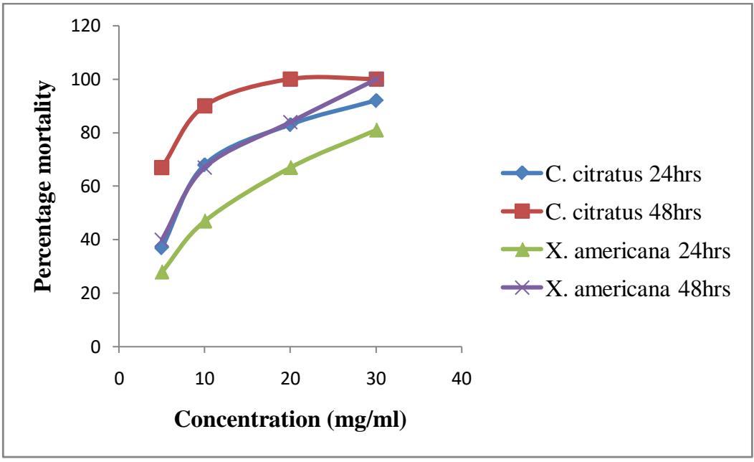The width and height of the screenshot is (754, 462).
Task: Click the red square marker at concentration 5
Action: pyautogui.click(x=161, y=167)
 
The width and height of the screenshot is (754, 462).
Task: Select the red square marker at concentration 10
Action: pyautogui.click(x=204, y=105)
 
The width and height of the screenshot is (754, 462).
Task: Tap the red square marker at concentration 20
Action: pyautogui.click(x=290, y=79)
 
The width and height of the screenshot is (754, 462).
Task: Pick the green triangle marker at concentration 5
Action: pyautogui.click(x=161, y=272)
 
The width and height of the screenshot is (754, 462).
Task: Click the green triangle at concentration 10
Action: pyautogui.click(x=204, y=221)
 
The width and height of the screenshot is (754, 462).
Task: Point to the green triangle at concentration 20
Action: pyautogui.click(x=290, y=167)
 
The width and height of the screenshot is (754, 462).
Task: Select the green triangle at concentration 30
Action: pyautogui.click(x=376, y=130)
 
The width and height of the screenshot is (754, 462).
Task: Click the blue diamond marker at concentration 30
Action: pyautogui.click(x=376, y=100)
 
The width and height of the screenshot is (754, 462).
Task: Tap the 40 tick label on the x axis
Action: pyautogui.click(x=462, y=378)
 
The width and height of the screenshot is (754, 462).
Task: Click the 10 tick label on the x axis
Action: pyautogui.click(x=204, y=378)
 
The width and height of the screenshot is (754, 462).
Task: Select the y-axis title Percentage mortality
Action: pyautogui.click(x=44, y=187)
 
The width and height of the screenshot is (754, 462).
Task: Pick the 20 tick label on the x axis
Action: pyautogui.click(x=290, y=378)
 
